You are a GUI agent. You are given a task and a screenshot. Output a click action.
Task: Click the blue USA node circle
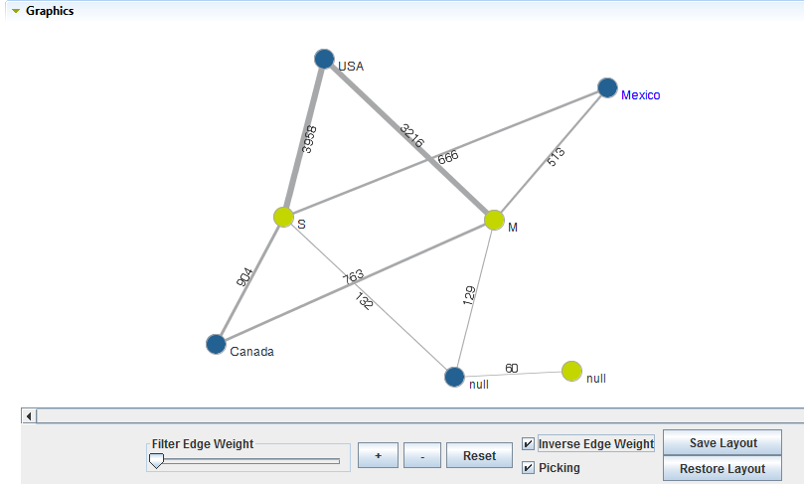pyautogui.click(x=324, y=60)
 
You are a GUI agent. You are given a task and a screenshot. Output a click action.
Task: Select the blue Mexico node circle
pyautogui.click(x=607, y=88)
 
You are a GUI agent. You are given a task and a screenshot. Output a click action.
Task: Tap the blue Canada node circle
pyautogui.click(x=216, y=344)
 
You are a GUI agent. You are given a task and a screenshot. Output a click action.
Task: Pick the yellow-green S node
pyautogui.click(x=283, y=217)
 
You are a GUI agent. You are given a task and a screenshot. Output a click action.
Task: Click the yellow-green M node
pyautogui.click(x=494, y=220)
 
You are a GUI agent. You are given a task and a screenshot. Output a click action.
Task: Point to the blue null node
pyautogui.click(x=454, y=377)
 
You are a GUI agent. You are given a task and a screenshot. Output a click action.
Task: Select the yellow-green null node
pyautogui.click(x=570, y=371)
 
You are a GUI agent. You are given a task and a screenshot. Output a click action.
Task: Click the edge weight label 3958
pyautogui.click(x=308, y=138)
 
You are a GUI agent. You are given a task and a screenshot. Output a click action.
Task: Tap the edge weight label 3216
pyautogui.click(x=411, y=137)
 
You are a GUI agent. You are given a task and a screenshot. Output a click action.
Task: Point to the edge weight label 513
pyautogui.click(x=556, y=153)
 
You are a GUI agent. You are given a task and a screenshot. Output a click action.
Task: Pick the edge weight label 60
pyautogui.click(x=512, y=368)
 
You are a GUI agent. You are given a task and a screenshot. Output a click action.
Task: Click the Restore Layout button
pyautogui.click(x=723, y=469)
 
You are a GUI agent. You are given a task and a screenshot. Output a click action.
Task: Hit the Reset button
pyautogui.click(x=479, y=456)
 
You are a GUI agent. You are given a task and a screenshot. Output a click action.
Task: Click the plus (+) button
pyautogui.click(x=379, y=456)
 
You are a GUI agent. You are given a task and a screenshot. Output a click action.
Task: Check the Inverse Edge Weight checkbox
pyautogui.click(x=528, y=444)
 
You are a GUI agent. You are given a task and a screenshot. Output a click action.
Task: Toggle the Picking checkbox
pyautogui.click(x=528, y=468)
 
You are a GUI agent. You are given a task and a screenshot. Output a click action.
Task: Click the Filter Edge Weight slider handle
pyautogui.click(x=156, y=460)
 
